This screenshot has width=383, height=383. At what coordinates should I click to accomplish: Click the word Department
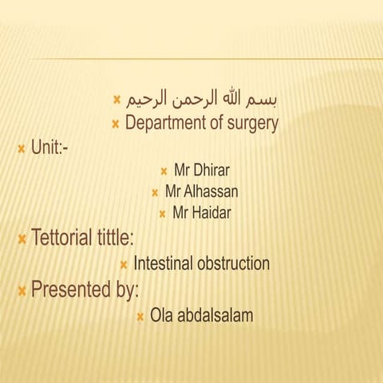[x=164, y=124]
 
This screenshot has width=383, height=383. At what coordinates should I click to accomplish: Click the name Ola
[x=161, y=316]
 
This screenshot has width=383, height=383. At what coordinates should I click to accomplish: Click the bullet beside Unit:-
[x=21, y=148]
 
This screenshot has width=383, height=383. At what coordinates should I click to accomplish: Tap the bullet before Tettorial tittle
[x=21, y=239]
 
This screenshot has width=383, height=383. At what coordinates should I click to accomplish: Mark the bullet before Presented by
[x=21, y=290]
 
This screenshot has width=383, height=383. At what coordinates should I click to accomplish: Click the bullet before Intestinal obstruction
[x=124, y=264]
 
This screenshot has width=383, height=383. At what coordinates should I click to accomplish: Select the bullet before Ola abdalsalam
[x=140, y=317]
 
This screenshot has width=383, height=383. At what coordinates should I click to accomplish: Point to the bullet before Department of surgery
[x=116, y=124]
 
